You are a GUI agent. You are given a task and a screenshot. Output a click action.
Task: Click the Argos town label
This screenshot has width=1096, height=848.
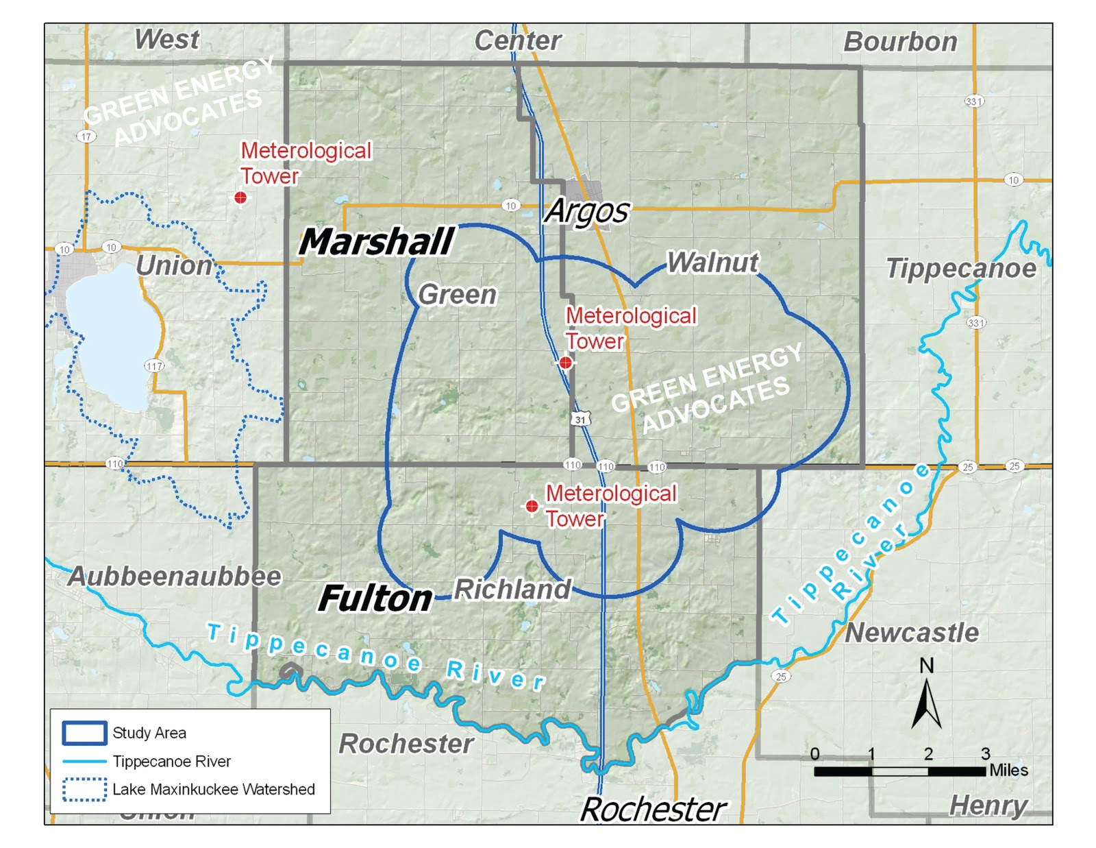[586, 211]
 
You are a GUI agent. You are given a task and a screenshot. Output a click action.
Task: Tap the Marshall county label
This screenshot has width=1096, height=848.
[377, 241]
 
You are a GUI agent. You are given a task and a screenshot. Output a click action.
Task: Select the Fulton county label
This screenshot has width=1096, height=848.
[375, 598]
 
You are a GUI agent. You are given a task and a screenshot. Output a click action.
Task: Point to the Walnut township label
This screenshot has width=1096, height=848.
[712, 263]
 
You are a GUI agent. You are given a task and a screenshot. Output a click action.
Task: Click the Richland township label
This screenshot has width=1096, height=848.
[512, 589]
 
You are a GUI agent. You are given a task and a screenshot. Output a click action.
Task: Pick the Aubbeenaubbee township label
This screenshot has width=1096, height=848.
[175, 577]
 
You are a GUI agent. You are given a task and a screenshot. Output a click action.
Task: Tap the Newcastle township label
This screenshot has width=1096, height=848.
[912, 633]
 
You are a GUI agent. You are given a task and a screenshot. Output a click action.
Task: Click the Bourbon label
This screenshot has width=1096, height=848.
[900, 42]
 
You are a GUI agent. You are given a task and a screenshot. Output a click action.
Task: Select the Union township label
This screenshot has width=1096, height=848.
[174, 266]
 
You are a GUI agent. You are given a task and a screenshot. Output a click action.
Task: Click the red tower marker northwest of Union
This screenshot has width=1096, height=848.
[240, 197]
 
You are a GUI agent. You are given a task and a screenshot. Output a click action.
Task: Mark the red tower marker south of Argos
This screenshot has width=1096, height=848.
[565, 363]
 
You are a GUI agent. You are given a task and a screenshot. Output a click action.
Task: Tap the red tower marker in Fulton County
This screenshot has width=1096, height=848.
[532, 507]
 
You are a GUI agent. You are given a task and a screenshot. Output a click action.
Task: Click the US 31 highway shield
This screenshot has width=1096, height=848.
[581, 419]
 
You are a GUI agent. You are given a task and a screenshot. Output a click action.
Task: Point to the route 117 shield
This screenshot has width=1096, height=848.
[154, 366]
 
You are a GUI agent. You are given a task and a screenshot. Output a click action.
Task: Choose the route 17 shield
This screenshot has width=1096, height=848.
[86, 136]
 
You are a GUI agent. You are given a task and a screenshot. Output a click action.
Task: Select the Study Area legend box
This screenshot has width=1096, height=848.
[84, 733]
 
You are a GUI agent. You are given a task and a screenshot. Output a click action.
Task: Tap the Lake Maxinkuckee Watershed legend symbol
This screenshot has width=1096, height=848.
[84, 789]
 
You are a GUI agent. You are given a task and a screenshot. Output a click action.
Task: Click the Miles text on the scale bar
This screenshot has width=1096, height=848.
[1008, 771]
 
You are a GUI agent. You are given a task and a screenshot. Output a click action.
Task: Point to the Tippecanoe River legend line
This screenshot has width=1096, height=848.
[84, 762]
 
